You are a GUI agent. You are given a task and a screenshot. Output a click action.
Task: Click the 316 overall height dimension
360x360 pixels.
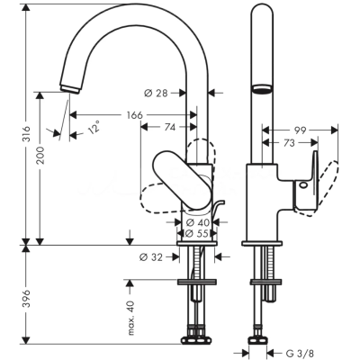[26, 133]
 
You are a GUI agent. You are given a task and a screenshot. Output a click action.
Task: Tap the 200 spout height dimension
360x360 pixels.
[40, 155]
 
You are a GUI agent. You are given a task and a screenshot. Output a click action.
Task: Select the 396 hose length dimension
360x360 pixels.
[26, 298]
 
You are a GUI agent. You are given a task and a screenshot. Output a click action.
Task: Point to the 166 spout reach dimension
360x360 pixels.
[134, 115]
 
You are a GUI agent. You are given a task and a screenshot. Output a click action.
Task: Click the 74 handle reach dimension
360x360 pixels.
[169, 127]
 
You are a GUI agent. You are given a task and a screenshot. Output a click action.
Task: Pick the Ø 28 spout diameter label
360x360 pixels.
[156, 93]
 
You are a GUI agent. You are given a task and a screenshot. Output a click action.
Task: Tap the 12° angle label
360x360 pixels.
[94, 127]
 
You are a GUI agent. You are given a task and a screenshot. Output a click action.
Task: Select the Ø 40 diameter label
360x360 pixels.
[197, 222]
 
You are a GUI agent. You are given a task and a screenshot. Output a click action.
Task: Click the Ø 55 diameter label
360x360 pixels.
[197, 233]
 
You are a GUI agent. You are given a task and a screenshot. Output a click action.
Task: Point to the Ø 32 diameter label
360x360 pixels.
[151, 257]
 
